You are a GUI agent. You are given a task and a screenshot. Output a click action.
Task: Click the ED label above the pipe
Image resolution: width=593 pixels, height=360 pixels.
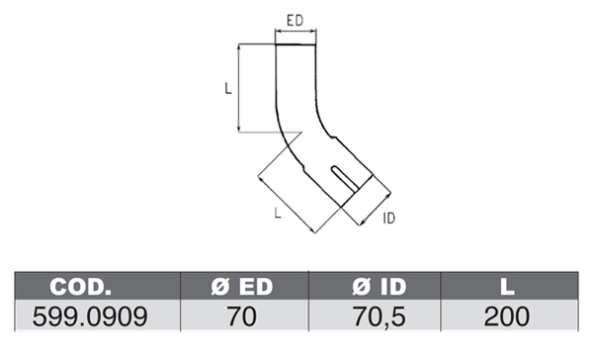click(295, 21)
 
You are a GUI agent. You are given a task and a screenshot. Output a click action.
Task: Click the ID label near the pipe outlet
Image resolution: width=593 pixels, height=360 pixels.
click(388, 218)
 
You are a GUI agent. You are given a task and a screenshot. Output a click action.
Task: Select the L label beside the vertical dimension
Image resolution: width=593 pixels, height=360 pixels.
click(228, 89)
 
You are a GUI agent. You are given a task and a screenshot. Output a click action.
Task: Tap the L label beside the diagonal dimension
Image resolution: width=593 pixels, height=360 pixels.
click(278, 213)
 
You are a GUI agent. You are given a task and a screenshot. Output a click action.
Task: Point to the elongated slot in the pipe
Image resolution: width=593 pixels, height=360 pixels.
click(344, 179)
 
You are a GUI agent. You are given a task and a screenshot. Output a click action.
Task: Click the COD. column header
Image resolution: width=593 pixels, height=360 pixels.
click(81, 287)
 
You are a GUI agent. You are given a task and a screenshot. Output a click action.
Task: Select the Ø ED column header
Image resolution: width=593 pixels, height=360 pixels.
click(242, 287)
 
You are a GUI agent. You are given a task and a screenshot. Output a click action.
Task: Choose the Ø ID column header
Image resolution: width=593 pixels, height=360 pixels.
click(379, 287)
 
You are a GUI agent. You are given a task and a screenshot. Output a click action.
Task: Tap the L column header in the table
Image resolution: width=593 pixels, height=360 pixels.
click(507, 287)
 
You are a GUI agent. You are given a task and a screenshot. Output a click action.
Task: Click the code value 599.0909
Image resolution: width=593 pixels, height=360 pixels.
click(90, 316)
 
